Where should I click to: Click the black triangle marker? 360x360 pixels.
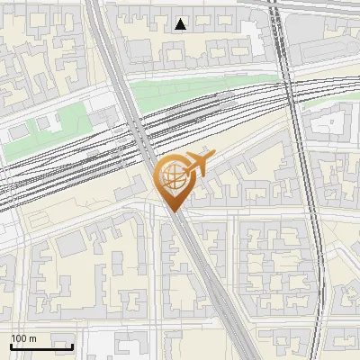pyautogui.click(x=181, y=24)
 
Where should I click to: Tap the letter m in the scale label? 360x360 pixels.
pyautogui.click(x=33, y=338)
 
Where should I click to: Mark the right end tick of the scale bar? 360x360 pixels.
pyautogui.click(x=73, y=346)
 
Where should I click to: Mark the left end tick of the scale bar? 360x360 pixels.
pyautogui.click(x=11, y=346)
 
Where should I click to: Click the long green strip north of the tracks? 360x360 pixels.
pyautogui.click(x=180, y=90)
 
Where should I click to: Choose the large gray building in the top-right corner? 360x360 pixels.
pyautogui.click(x=324, y=36)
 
